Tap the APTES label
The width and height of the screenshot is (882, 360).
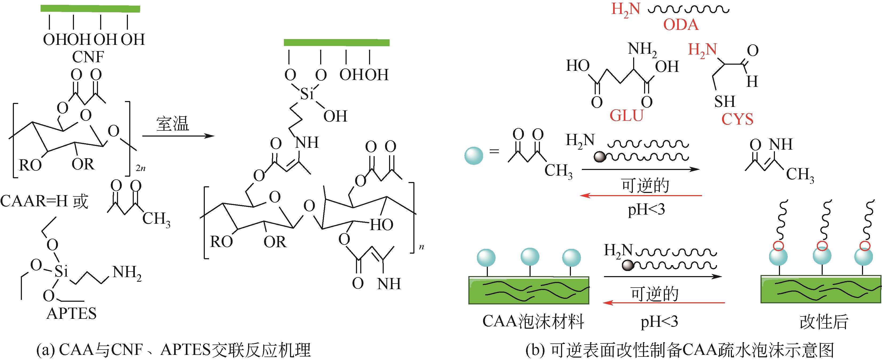[72, 314]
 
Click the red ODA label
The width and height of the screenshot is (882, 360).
[681, 25]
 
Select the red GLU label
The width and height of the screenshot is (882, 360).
[626, 116]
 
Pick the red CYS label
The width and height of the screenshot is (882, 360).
[737, 119]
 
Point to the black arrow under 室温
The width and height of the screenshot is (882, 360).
[178, 136]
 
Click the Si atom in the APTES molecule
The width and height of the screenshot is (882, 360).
[62, 272]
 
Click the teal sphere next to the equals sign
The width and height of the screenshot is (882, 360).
[473, 156]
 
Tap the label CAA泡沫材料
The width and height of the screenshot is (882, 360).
[533, 322]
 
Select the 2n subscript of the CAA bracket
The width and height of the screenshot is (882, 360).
[140, 168]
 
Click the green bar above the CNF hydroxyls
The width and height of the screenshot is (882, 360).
[90, 9]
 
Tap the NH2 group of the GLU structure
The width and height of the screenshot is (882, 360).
[642, 50]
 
